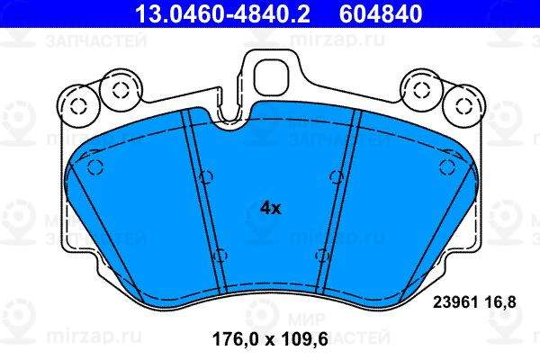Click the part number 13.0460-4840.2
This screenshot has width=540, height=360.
223,13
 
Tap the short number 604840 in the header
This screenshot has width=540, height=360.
381,13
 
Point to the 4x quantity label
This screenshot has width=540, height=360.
271,208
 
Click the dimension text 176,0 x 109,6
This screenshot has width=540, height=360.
270,339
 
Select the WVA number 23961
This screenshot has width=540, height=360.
454,302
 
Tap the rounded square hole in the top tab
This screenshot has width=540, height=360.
270,78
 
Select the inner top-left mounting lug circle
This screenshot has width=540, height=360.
121,90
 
